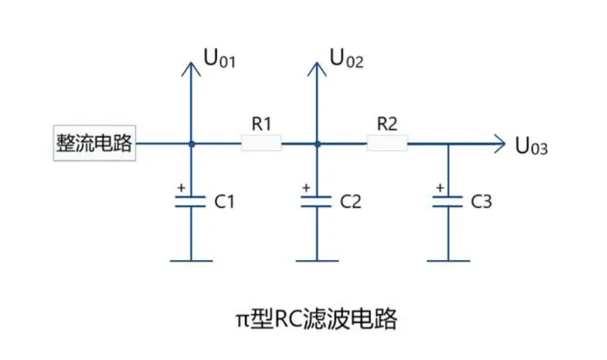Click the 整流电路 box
point(94,144)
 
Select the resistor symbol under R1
point(261,144)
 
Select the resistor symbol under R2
point(387,144)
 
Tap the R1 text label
point(261,125)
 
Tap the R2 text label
point(387,125)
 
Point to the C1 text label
point(223,202)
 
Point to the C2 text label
point(350,202)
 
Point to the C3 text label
point(481,202)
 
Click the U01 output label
point(219,60)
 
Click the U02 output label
point(346,60)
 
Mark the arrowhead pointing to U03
point(500,144)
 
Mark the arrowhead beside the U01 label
point(190,67)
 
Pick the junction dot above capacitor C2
point(317,144)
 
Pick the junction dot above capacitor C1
point(190,144)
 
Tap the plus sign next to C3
point(439,188)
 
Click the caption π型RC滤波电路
point(315,320)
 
